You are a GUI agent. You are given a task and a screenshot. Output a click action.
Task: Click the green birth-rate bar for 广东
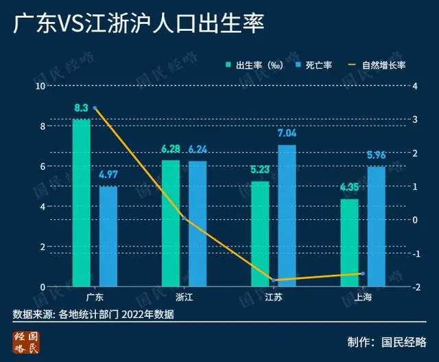tap(82, 203)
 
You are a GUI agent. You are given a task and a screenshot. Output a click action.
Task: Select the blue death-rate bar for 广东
tap(108, 236)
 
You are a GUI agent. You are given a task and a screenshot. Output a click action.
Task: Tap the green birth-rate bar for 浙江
tap(171, 223)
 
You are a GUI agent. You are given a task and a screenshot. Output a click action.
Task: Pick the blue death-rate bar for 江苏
tap(287, 216)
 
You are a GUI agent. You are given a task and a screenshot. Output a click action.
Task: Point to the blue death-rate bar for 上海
tap(376, 227)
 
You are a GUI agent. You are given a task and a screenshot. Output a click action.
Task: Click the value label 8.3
tap(82, 108)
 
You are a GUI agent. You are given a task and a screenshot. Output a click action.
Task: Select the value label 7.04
tap(287, 133)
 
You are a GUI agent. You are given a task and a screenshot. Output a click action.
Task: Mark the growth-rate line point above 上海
tap(363, 273)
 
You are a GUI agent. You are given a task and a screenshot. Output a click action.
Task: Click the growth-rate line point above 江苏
tap(274, 280)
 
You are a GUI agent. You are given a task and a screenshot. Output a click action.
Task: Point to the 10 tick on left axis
tap(41, 86)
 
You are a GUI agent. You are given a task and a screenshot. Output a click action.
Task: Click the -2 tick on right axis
tap(409, 287)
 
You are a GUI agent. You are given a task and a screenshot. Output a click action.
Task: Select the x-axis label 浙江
tap(185, 298)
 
